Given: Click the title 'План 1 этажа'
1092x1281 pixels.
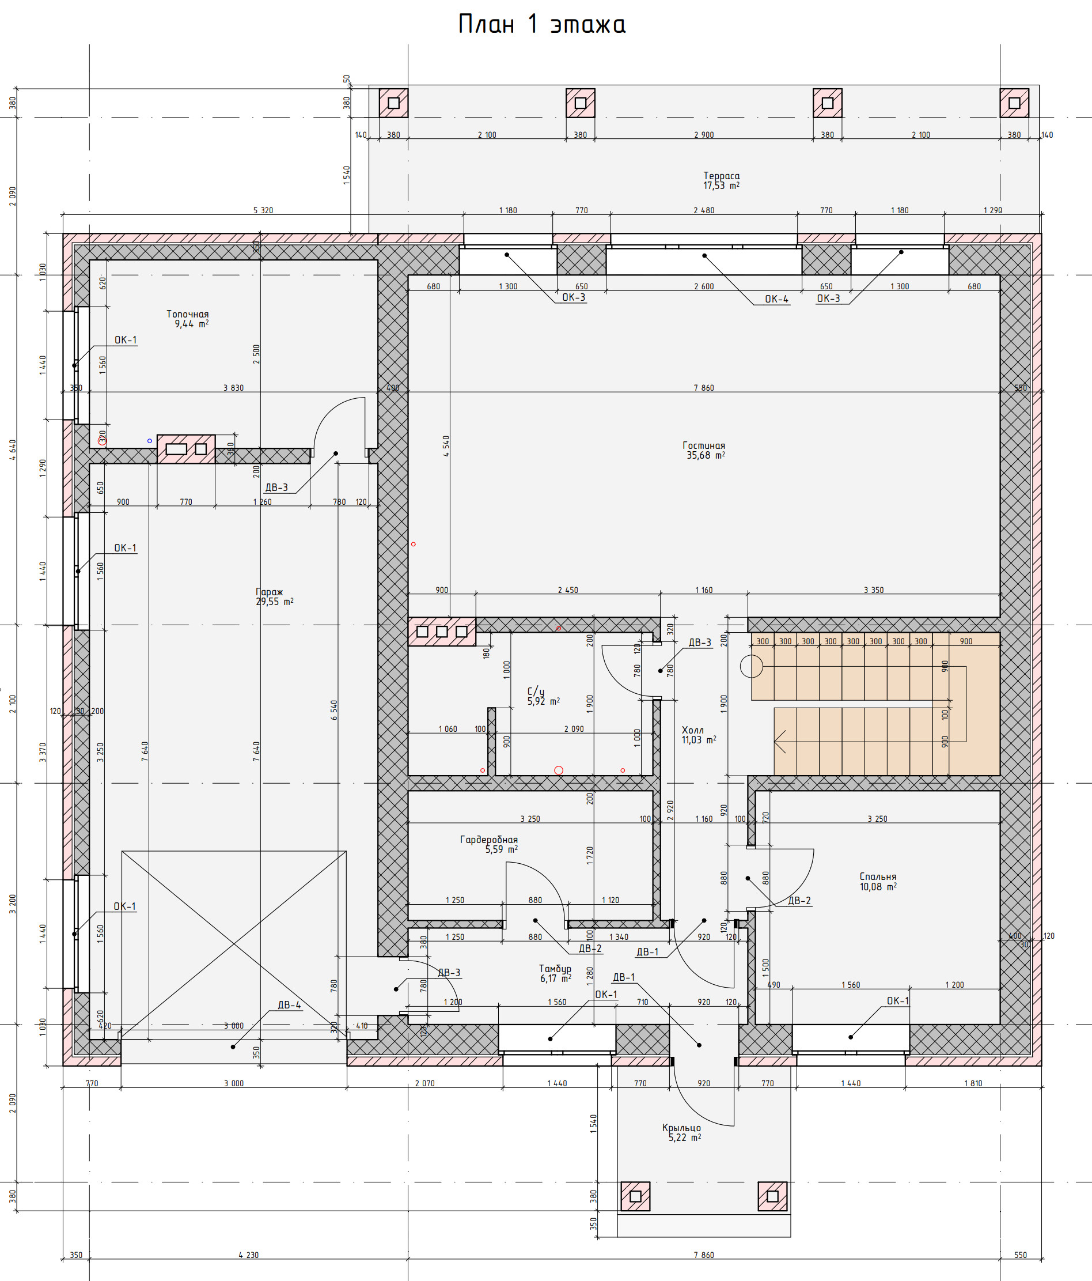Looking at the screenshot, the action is (541, 24).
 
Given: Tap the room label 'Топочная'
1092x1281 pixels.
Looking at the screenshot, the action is (187, 314).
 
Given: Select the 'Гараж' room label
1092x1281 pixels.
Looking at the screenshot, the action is (269, 592).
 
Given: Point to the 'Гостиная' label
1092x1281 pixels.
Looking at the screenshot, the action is (703, 445).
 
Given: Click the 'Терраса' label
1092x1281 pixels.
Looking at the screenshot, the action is (721, 176).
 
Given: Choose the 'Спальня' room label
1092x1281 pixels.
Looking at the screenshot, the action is (878, 876).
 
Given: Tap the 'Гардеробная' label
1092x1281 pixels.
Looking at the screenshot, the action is (488, 839).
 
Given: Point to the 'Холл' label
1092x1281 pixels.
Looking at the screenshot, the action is (692, 730).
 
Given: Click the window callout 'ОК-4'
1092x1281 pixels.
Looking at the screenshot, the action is (776, 299).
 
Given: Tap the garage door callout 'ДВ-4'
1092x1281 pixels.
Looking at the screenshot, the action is (289, 1005).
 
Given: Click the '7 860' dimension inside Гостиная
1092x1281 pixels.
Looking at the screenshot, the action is (703, 388).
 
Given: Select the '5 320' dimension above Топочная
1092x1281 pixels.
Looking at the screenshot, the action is (263, 210).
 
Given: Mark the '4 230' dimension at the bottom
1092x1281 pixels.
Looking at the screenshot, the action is (248, 1255).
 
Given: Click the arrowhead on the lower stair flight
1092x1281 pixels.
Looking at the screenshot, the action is (776, 740).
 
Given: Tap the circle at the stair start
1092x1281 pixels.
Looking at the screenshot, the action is (752, 666).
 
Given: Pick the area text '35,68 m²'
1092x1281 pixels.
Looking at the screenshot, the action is (706, 455).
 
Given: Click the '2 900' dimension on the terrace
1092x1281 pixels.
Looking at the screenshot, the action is (703, 135).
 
